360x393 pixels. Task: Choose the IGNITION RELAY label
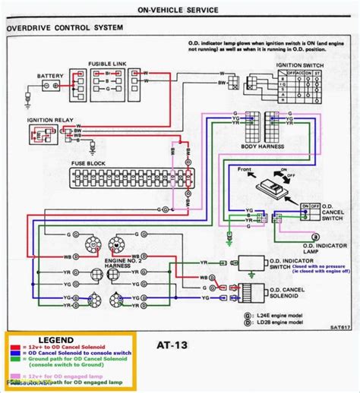[49, 121]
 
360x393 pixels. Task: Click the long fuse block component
[125, 179]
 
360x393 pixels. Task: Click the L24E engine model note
[280, 313]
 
